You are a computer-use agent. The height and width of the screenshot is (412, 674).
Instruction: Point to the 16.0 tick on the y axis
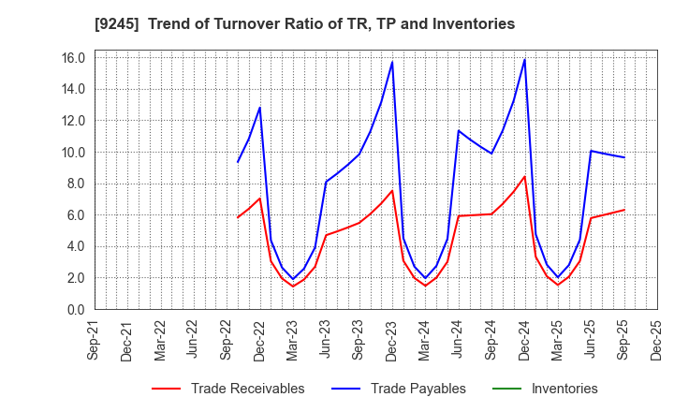click(74, 58)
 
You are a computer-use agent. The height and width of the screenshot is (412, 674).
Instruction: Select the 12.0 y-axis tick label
click(74, 121)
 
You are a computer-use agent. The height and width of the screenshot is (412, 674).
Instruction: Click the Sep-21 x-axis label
click(94, 342)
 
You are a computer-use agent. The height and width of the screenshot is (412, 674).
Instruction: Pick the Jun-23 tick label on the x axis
click(327, 342)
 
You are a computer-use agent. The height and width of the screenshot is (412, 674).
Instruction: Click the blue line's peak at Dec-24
click(524, 60)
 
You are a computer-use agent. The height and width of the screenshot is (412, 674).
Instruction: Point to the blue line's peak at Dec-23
click(392, 62)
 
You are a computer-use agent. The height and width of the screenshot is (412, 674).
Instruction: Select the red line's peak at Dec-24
click(524, 176)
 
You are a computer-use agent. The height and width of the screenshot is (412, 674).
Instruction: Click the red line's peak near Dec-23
click(392, 191)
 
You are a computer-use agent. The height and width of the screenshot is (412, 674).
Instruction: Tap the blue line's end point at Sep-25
click(623, 157)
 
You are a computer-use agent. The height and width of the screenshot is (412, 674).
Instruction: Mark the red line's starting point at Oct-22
click(238, 217)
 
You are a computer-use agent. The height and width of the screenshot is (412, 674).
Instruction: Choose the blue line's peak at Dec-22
click(259, 108)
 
